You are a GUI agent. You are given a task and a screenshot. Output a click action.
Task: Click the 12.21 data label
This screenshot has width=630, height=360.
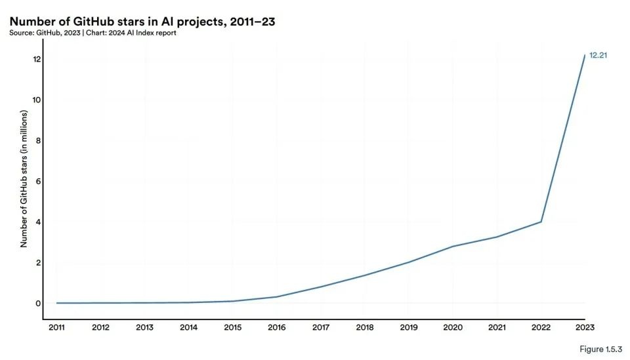598,55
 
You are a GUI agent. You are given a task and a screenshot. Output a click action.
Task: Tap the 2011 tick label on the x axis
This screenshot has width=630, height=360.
57,328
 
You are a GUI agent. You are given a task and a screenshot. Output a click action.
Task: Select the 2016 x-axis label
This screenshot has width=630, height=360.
277,328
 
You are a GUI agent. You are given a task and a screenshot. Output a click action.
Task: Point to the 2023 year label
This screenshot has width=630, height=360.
585,328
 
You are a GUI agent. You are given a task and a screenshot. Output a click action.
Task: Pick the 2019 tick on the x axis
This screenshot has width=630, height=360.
409,328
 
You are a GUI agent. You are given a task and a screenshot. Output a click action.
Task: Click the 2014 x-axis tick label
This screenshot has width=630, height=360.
189,328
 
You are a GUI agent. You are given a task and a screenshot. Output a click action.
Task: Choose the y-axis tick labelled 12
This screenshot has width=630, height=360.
37,59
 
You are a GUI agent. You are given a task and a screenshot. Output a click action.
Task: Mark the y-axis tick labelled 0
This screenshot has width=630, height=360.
39,303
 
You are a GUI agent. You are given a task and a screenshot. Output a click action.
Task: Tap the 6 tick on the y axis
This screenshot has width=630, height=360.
39,181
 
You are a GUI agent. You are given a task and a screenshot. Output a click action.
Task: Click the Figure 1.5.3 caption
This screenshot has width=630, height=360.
600,348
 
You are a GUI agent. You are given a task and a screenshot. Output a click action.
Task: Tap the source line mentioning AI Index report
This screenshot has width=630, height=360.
93,33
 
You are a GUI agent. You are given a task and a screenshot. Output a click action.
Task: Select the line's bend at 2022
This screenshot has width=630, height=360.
541,222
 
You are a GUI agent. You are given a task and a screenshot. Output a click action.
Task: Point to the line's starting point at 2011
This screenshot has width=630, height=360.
57,303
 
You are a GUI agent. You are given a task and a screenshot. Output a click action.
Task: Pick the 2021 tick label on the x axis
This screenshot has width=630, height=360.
497,328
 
